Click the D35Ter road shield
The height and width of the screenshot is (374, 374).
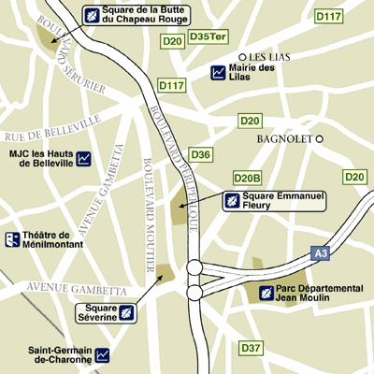[207, 36]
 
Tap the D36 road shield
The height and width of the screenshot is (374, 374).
[201, 154]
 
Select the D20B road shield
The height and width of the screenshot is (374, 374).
[247, 178]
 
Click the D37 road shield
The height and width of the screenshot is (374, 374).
[251, 348]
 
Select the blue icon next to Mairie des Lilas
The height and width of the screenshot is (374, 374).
[218, 72]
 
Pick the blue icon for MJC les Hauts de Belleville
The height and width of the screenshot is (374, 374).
[84, 158]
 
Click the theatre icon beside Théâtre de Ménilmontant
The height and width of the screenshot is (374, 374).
[13, 240]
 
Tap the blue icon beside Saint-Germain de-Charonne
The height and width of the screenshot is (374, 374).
[103, 354]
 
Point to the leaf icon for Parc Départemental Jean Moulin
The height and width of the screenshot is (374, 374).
[267, 295]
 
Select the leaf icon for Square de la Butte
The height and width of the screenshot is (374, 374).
[92, 14]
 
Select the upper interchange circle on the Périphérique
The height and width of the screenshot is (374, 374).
[195, 268]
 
